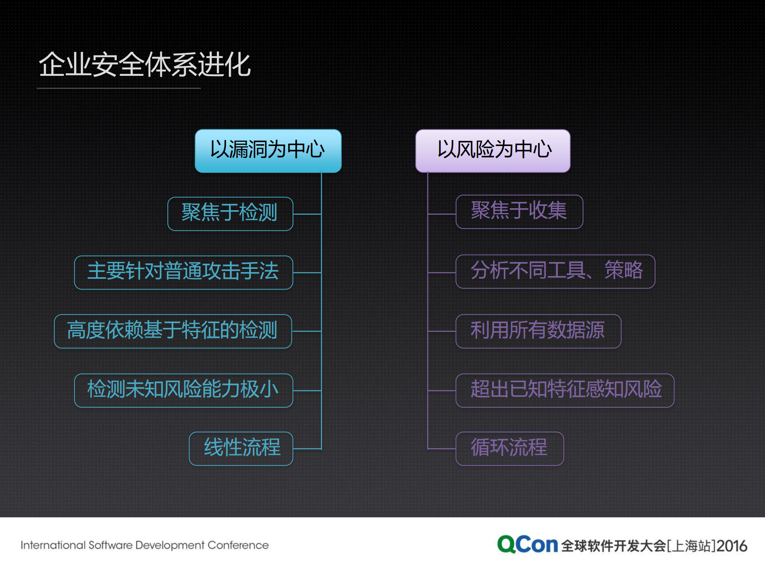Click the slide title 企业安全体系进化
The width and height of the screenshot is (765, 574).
point(144,65)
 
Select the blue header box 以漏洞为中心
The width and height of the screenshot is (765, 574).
point(268,150)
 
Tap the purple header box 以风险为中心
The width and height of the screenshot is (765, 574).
point(493,150)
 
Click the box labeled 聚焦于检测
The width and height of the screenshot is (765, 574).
point(230,213)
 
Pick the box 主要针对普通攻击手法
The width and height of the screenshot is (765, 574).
point(183,272)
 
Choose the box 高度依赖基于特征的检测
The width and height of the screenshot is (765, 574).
point(173,331)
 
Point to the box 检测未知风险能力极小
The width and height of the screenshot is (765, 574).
point(183,390)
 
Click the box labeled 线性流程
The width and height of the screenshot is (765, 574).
point(241,448)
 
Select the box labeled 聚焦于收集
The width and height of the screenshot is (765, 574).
point(519,211)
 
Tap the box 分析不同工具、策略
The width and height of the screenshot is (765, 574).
point(555,271)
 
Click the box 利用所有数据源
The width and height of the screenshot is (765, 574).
point(538,331)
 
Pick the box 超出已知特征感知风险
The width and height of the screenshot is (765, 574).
point(564,390)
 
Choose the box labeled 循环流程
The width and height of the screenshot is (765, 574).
point(509,448)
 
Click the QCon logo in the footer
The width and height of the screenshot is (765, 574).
point(527,544)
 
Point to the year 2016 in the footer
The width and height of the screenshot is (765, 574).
point(732,546)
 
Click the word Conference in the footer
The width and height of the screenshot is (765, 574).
point(238,545)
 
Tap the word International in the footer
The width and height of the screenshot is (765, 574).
point(53,545)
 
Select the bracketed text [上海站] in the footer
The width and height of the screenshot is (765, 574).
point(691,546)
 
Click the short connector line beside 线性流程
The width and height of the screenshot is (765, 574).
point(307,449)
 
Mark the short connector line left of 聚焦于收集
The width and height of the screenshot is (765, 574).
point(442,214)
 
